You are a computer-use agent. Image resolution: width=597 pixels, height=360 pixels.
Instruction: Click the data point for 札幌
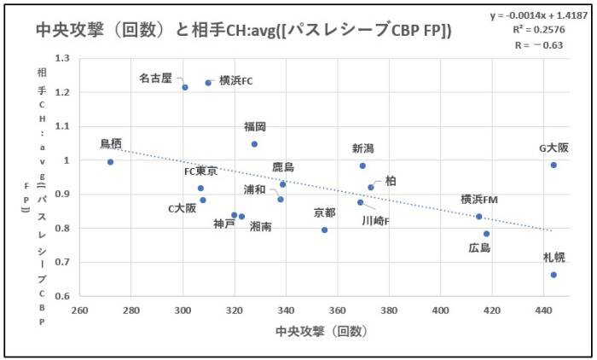(x=554, y=275)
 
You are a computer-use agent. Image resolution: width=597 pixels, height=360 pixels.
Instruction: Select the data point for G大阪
(x=554, y=165)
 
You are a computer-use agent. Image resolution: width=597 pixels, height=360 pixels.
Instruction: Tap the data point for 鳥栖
(x=111, y=161)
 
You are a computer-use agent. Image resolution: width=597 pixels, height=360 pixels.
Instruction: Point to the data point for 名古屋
(x=185, y=87)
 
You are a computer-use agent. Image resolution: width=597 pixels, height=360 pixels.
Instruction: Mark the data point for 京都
(x=325, y=229)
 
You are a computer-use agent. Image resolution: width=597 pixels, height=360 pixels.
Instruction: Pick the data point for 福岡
(x=254, y=144)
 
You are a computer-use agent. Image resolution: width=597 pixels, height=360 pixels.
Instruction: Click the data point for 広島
(x=486, y=234)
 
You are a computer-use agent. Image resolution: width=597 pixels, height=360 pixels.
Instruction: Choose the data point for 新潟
(x=362, y=165)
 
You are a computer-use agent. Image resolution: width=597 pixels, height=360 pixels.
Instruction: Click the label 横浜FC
(x=236, y=81)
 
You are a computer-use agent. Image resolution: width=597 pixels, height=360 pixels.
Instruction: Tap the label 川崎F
(x=376, y=220)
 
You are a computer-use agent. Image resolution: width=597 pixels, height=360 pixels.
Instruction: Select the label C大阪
(x=182, y=207)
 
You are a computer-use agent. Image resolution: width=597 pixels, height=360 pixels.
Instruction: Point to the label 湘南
(x=263, y=227)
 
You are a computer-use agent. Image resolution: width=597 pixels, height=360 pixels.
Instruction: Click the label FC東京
(x=201, y=171)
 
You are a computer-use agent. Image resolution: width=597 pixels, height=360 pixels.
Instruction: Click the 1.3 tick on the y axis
(x=61, y=58)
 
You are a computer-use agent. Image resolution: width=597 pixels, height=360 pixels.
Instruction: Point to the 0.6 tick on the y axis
(x=61, y=296)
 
